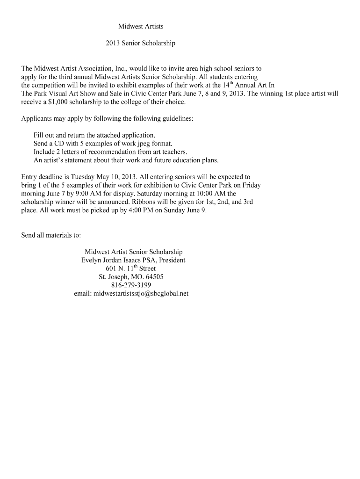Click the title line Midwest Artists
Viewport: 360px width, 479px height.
[x=140, y=26]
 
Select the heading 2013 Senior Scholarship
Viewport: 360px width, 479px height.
[x=140, y=43]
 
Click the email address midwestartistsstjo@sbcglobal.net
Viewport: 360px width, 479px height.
[x=141, y=293]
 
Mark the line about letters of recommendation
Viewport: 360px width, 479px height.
[x=110, y=152]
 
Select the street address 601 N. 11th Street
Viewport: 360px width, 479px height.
[x=131, y=269]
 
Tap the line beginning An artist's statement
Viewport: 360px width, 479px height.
[x=126, y=160]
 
